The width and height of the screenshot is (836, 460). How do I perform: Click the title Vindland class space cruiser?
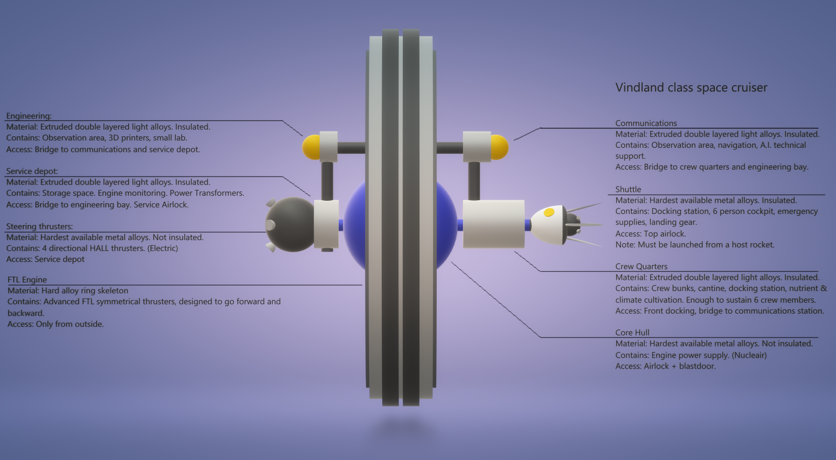coord(691,88)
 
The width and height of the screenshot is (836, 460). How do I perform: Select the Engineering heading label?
coord(29,116)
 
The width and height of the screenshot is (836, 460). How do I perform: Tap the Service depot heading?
coord(32,171)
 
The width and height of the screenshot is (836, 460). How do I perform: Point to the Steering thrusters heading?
coord(39,226)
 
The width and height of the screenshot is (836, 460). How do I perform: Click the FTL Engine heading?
coord(27,280)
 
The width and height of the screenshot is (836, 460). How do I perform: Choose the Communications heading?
coord(646,123)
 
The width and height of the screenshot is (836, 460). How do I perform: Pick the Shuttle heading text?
coord(628,190)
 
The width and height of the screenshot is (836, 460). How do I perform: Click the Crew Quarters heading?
coord(641,266)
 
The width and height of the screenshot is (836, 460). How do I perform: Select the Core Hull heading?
coord(632,333)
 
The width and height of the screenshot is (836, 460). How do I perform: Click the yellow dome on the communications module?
coord(500,147)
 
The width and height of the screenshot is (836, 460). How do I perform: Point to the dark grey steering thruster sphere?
coord(290,224)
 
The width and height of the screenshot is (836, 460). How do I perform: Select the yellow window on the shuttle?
coord(549,213)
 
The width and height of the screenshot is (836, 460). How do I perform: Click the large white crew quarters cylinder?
coord(493,224)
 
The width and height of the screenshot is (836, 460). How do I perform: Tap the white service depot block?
coord(326,223)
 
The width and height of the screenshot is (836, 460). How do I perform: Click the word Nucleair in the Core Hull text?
coord(749,355)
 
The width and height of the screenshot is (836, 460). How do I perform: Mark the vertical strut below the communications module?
coord(474,181)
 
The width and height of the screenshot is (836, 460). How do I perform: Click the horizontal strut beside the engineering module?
coord(351,148)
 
